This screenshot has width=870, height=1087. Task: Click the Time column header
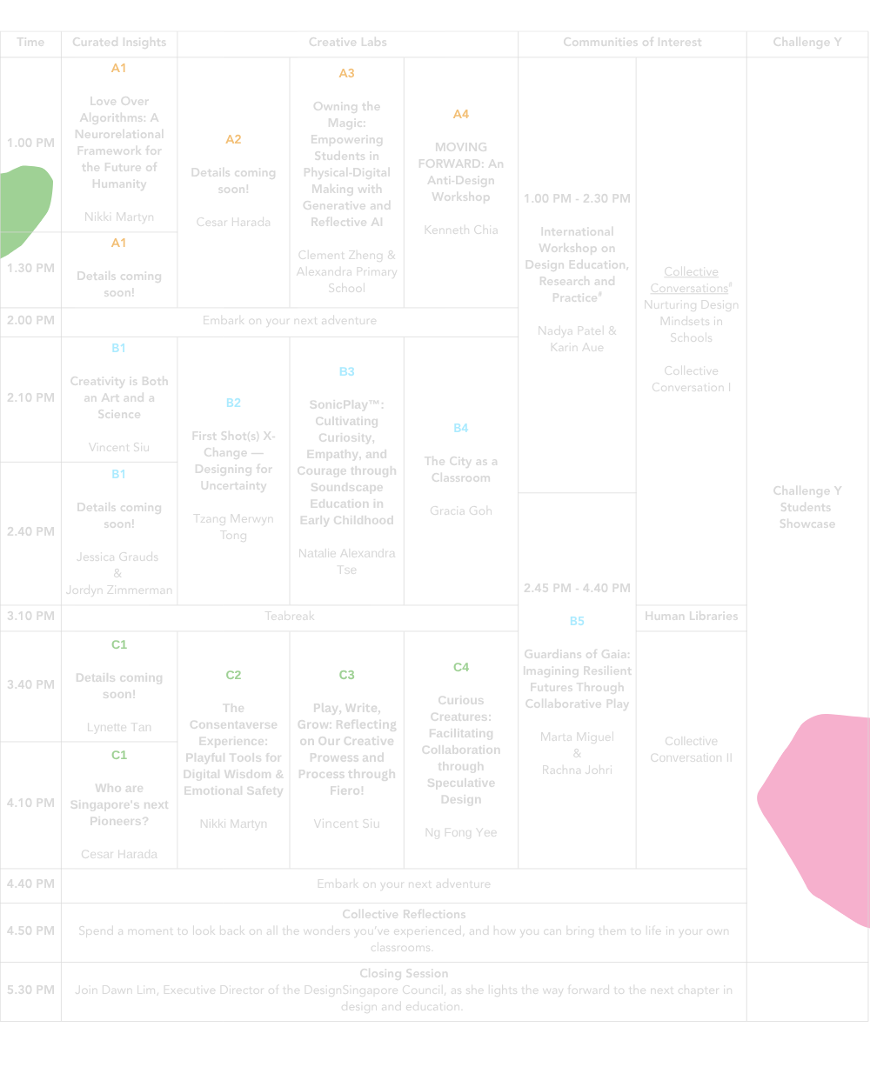coord(30,42)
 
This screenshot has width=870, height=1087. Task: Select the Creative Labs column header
coord(347,42)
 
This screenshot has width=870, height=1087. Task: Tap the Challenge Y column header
coord(806,42)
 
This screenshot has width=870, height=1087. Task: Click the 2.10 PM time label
coord(30,397)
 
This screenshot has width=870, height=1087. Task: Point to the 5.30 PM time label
coord(30,990)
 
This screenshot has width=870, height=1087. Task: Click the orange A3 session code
coord(346,73)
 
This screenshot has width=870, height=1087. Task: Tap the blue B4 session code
coord(460,428)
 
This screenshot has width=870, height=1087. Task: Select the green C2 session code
coord(233,675)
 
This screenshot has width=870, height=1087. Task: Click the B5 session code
coord(577,621)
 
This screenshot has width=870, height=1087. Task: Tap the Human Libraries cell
coord(691,616)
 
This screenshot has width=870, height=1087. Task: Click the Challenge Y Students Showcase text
coord(806,507)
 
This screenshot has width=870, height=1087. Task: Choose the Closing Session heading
coord(404,973)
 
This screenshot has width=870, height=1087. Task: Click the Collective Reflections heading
coord(404,914)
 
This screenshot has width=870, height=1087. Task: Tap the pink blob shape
coord(818,809)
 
